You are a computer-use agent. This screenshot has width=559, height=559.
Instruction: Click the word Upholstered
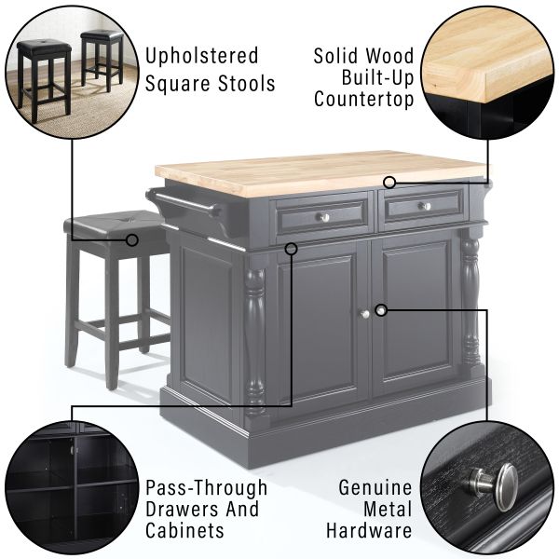[x=201, y=57]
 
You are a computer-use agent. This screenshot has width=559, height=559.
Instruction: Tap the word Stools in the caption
[x=246, y=84]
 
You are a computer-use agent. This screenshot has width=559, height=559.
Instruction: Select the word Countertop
[x=363, y=99]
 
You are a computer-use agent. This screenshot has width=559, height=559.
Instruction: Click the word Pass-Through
[x=207, y=487]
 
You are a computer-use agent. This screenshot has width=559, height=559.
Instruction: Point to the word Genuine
[x=375, y=487]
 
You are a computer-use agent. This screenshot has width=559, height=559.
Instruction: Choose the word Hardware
[x=369, y=530]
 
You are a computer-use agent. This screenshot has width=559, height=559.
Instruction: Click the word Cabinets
[x=184, y=530]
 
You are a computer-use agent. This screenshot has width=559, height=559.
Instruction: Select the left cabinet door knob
[x=364, y=314]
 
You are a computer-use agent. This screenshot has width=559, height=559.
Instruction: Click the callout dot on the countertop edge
[x=389, y=183]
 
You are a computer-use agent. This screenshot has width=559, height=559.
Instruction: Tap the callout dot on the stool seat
[x=132, y=240]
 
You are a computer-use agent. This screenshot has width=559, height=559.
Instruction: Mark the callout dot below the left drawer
[x=292, y=249]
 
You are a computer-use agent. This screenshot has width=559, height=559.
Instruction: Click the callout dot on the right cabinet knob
[x=381, y=310]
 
